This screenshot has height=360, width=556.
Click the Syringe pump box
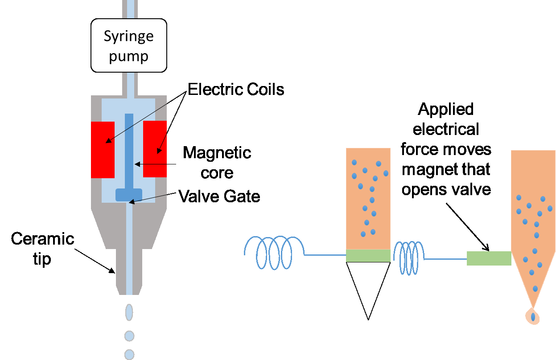[x=128, y=45]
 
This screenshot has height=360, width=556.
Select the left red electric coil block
[x=102, y=149]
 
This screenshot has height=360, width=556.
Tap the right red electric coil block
[x=155, y=149]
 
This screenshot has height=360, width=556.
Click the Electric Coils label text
[x=236, y=90]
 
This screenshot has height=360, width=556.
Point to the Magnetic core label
[x=217, y=162]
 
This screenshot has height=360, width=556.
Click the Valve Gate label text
[x=219, y=196]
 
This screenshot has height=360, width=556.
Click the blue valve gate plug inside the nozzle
[x=129, y=195]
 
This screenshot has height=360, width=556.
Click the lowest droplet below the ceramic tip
[x=129, y=354]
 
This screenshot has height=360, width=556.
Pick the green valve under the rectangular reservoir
[x=368, y=255]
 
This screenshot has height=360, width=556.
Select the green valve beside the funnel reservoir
[x=489, y=258]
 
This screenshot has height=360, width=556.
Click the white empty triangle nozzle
[x=368, y=283]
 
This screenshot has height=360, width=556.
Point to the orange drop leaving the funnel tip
[x=532, y=316]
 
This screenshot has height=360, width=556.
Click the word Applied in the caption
[x=446, y=109]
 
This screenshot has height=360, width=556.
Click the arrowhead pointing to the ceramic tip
[x=113, y=270]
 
